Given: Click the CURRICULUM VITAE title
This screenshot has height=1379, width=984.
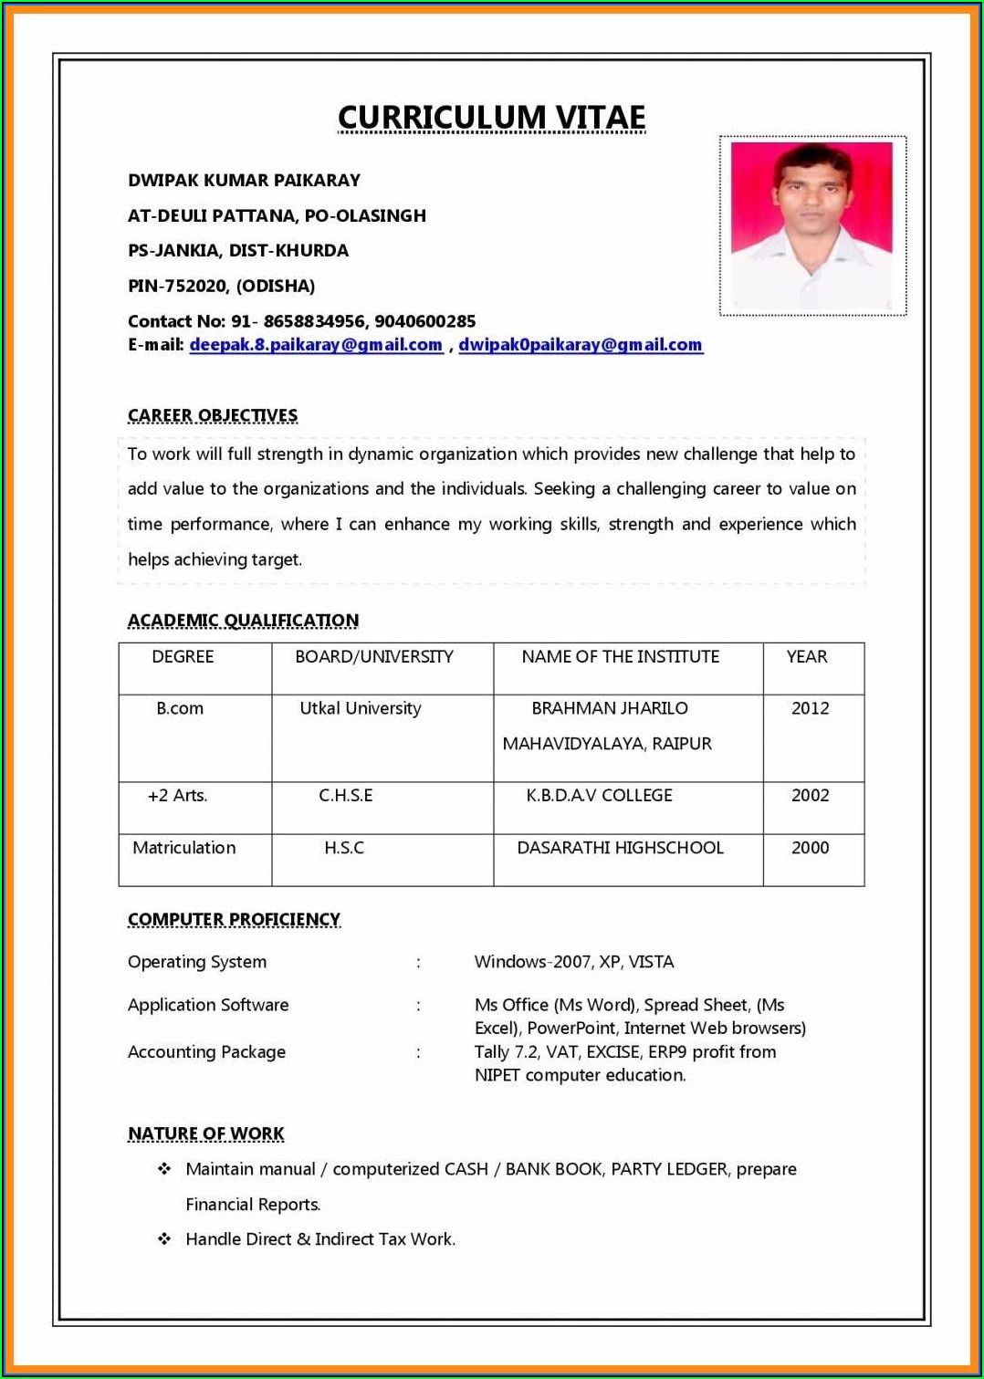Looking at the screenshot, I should coord(491,118).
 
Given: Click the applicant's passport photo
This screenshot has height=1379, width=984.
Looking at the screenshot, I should coord(812,225).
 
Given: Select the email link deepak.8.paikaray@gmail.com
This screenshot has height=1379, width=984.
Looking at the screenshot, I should coord(316,345).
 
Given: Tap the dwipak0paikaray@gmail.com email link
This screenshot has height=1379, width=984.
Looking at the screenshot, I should coord(581,345).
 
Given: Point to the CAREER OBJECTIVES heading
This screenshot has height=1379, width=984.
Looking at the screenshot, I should coord(213,416).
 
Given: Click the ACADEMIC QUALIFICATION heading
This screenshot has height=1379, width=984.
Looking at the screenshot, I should coord(243,621).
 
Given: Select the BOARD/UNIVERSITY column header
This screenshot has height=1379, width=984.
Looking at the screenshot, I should coord(374,657).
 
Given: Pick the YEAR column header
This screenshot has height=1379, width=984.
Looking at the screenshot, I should coord(807,657).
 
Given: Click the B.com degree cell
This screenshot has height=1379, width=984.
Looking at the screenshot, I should coord(180,708).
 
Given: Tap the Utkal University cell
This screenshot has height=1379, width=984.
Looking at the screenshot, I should coord(361,708).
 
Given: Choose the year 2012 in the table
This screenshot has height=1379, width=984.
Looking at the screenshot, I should coord(810,708).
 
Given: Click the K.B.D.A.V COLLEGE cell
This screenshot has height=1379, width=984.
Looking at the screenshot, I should coord(599,796).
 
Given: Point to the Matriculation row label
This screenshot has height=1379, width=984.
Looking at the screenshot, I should coord(183,848).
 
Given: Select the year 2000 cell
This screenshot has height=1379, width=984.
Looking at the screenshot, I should coord(810,848).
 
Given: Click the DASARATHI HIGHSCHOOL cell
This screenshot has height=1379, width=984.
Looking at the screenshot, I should coord(620,848).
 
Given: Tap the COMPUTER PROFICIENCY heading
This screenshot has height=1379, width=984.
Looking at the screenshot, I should coord(234,920).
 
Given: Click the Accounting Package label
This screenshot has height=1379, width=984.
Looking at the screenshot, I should coord(206,1052).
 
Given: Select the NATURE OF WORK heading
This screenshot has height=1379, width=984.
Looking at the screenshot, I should coord(205,1134).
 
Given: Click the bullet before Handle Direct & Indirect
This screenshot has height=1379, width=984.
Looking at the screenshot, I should coord(164,1239).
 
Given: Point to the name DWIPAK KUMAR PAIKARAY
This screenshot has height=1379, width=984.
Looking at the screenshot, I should coord(244,181).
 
